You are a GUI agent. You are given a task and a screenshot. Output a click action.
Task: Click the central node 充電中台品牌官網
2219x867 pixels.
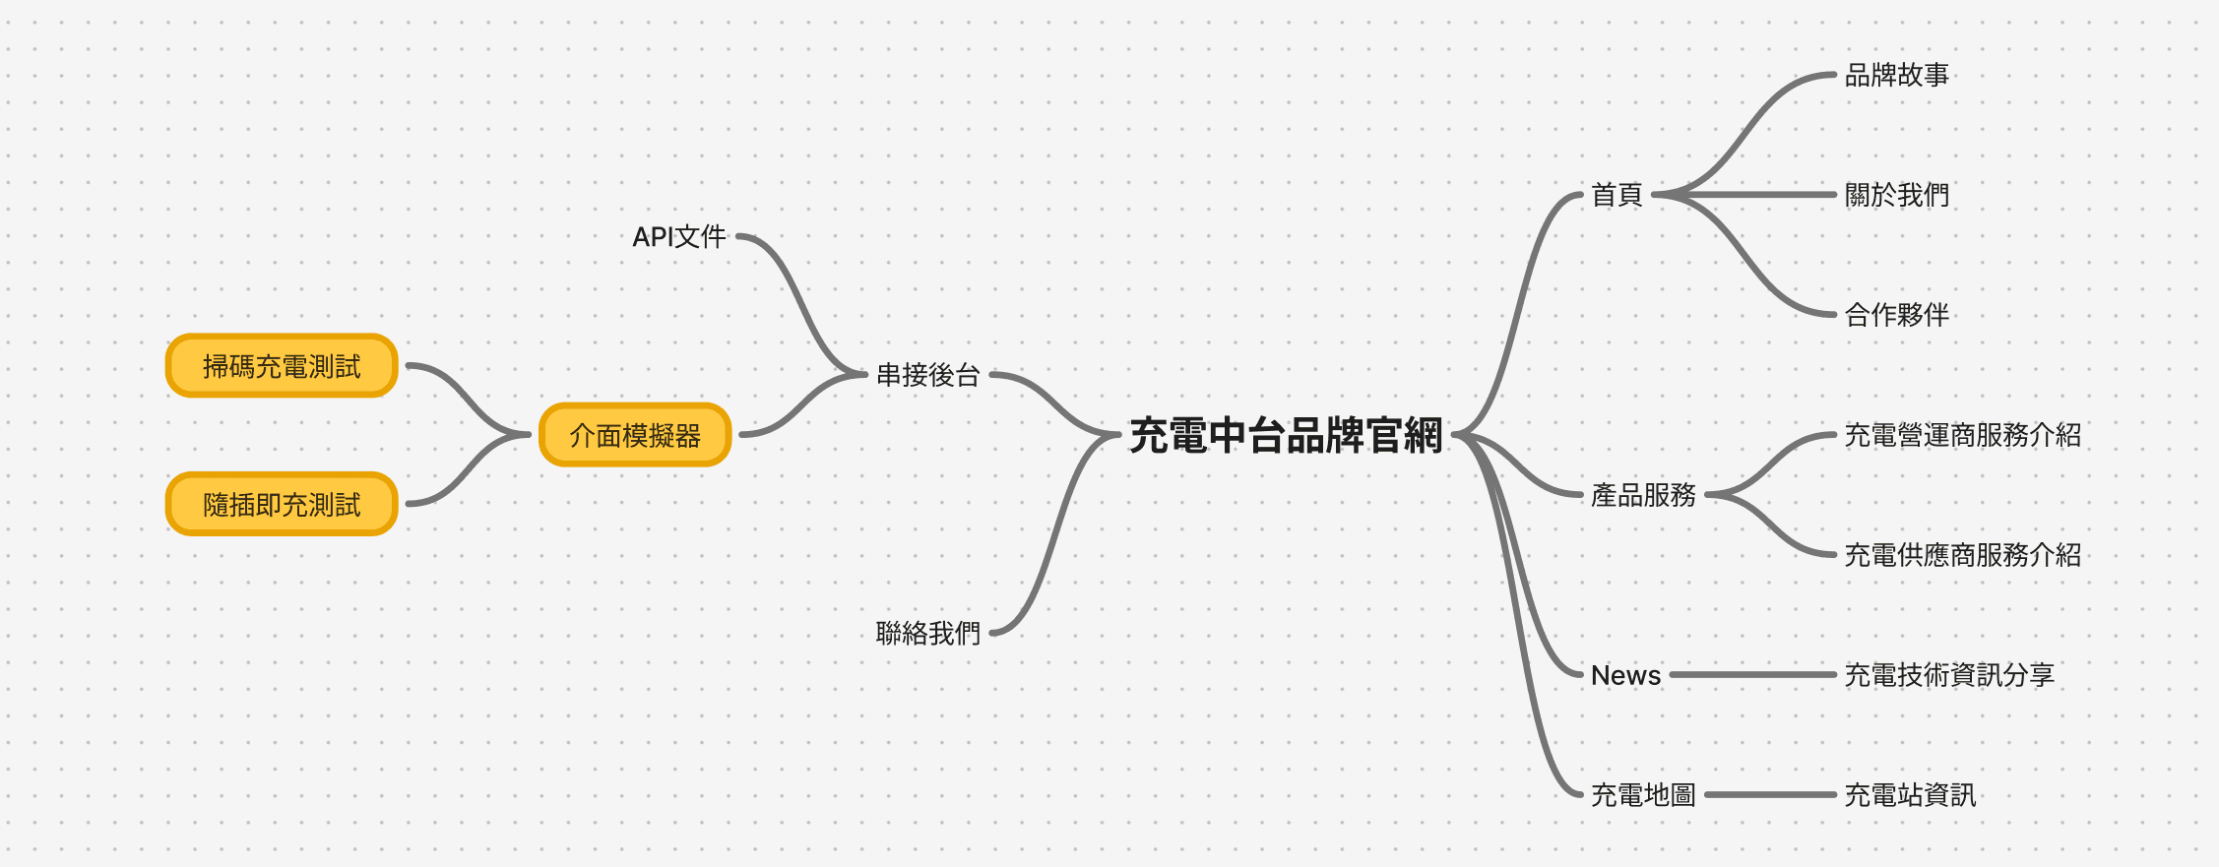(x=1286, y=435)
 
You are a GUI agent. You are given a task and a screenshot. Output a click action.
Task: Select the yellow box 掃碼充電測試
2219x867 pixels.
(x=282, y=366)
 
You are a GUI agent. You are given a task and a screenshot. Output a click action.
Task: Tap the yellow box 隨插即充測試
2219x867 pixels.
(x=282, y=505)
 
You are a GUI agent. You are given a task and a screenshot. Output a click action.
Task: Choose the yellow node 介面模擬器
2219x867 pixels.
(x=635, y=435)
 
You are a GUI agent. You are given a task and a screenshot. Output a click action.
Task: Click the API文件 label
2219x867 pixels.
(x=679, y=237)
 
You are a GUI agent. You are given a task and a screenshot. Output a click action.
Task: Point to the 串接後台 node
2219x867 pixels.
(x=928, y=375)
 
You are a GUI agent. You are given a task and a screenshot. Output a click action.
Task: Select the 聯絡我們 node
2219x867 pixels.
(x=928, y=633)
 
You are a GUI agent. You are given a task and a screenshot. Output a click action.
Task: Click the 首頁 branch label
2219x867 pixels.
(x=1617, y=195)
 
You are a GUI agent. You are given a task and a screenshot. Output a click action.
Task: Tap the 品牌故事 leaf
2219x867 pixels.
(x=1896, y=75)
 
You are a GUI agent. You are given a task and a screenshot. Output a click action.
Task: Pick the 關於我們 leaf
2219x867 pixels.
(x=1896, y=195)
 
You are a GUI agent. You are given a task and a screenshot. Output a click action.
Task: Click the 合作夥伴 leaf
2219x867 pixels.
(x=1896, y=315)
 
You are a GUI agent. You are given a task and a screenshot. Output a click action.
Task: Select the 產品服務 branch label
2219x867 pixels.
(x=1643, y=495)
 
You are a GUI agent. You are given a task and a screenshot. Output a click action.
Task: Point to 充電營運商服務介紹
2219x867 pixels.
(x=1962, y=435)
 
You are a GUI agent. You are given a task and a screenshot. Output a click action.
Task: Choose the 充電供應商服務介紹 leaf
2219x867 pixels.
(x=1962, y=555)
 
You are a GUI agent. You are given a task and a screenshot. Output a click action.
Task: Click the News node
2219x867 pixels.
(x=1625, y=675)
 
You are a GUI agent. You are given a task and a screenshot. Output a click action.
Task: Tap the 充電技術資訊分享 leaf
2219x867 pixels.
(x=1949, y=675)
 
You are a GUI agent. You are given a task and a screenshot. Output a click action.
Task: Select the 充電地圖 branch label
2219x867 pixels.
(x=1643, y=795)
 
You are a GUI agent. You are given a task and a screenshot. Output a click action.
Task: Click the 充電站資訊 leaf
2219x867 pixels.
(x=1910, y=795)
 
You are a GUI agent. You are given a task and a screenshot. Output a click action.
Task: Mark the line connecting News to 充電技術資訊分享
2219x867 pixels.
(x=1752, y=675)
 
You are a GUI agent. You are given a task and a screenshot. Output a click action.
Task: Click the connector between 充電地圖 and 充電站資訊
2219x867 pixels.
(x=1770, y=795)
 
